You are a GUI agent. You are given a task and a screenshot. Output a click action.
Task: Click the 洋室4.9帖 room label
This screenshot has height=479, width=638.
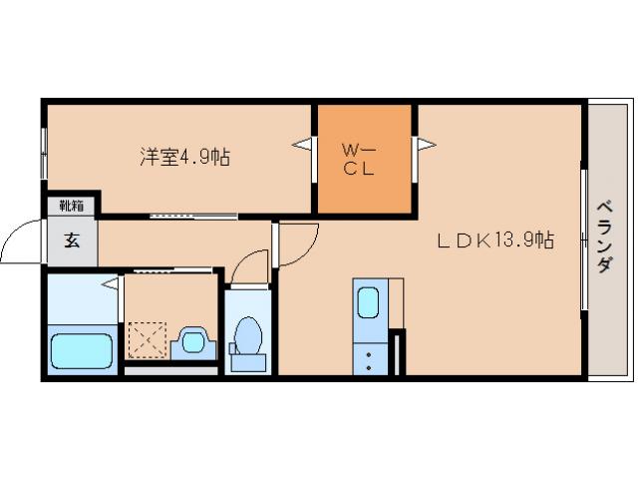tap(184, 157)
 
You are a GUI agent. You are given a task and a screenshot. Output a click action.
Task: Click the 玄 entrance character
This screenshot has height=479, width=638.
tap(72, 240)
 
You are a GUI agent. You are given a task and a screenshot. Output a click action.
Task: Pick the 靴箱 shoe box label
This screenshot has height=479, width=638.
tap(70, 207)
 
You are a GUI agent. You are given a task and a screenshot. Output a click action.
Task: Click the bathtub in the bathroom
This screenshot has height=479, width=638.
tap(82, 350)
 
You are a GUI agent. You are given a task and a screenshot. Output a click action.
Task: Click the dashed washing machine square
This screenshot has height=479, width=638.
tap(146, 339)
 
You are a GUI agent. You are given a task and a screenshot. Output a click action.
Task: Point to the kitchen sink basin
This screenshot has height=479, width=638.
tap(369, 301)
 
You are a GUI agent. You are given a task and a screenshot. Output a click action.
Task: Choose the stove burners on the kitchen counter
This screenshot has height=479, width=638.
tap(369, 358)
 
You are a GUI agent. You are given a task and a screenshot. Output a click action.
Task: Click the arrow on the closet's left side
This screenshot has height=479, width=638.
tap(301, 146)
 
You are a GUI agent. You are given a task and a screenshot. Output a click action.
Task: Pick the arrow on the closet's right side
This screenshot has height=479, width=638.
tap(426, 146)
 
